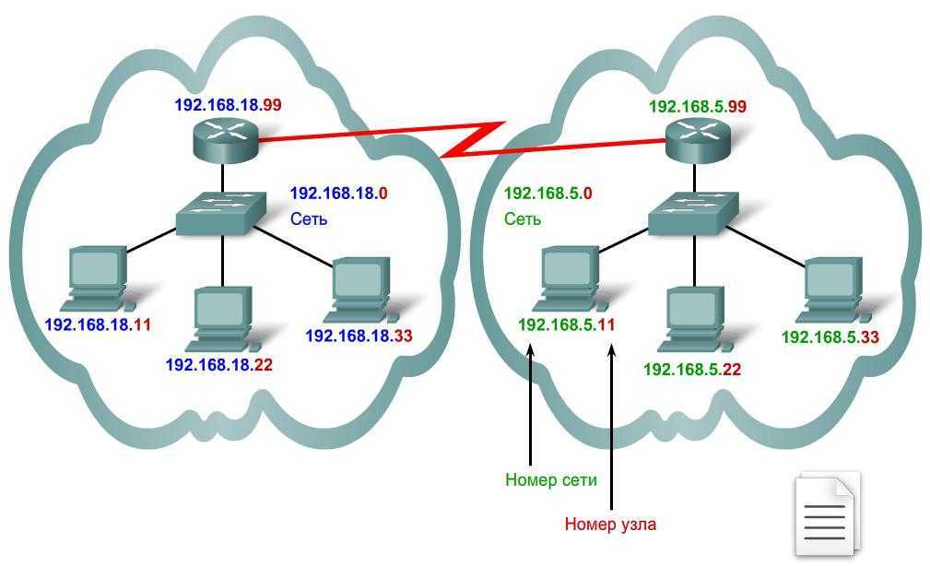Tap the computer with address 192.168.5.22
[x=695, y=317]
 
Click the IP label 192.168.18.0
[x=338, y=194]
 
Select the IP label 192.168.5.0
[x=548, y=194]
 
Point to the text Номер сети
[x=551, y=480]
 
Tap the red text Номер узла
[x=610, y=525]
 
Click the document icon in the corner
[x=826, y=515]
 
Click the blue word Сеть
[x=309, y=219]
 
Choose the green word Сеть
[x=523, y=219]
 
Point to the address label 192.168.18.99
[x=228, y=105]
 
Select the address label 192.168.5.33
[x=830, y=337]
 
